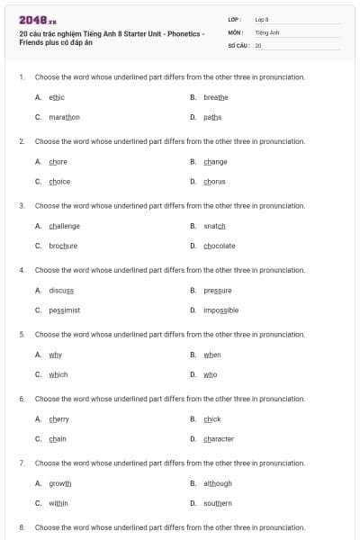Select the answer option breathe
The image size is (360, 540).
tap(216, 97)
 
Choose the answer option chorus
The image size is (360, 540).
tap(214, 181)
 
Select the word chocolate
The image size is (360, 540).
tap(219, 246)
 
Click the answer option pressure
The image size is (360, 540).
tap(218, 291)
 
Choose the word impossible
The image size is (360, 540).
tap(220, 310)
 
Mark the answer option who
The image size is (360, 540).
tap(210, 374)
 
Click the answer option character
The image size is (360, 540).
tap(219, 438)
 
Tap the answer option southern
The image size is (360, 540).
tap(218, 503)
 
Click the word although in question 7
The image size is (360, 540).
tap(218, 483)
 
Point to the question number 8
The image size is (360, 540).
tap(22, 526)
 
